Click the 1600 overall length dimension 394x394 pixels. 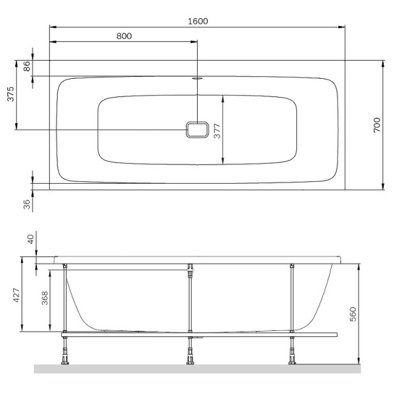pos(198,21)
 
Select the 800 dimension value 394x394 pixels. pos(124,36)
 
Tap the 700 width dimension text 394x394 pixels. pos(376,125)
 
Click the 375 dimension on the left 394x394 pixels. pos(10,95)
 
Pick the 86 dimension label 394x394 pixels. pos(27,67)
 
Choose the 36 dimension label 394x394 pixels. pos(27,204)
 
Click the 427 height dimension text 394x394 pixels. pos(17,295)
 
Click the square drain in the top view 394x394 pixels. pos(197,130)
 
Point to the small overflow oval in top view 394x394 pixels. pos(198,78)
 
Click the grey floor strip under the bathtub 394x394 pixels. pos(197,369)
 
